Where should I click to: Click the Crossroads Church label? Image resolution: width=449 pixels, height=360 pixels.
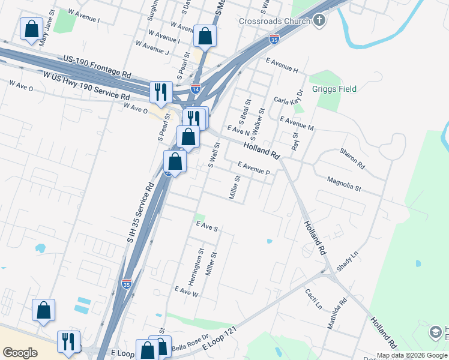pos(274,21)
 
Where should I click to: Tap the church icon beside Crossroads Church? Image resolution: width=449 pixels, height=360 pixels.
pos(319,21)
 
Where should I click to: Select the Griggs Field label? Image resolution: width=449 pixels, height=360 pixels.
pos(334,89)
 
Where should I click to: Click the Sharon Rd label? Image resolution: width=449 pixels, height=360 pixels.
pos(352,158)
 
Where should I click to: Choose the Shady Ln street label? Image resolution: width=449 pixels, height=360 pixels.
pos(347,262)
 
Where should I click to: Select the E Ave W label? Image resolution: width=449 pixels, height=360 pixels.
pos(186,290)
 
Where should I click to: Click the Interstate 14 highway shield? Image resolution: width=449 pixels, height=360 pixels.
pos(196,89)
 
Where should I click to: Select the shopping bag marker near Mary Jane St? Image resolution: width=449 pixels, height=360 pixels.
pos(31,29)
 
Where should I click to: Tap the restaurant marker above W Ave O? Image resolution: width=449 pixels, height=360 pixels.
pos(160,92)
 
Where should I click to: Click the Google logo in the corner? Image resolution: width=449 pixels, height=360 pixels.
pos(20,353)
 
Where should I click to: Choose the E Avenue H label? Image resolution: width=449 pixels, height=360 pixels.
pos(282,65)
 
